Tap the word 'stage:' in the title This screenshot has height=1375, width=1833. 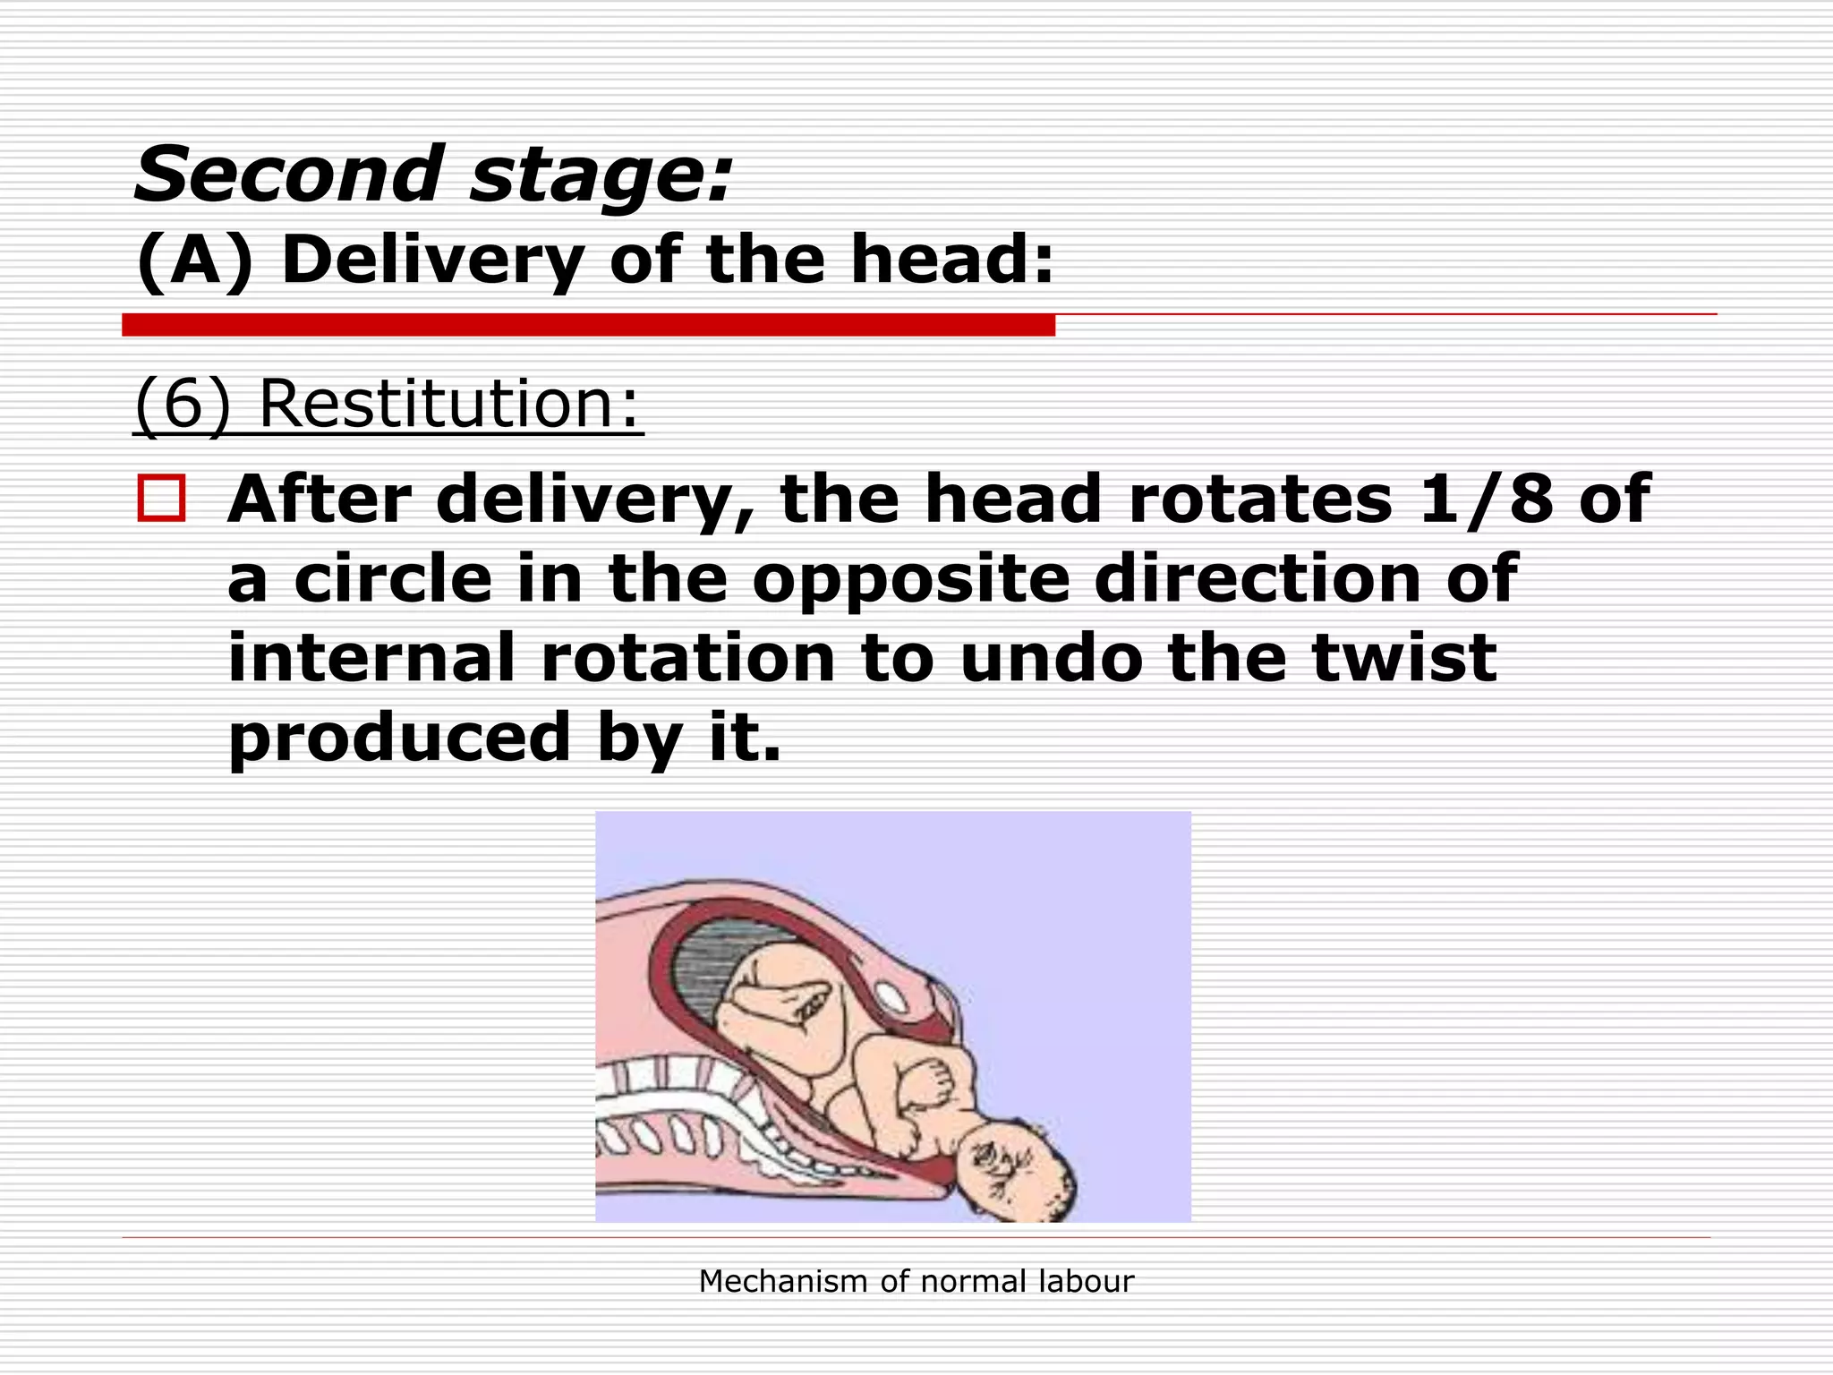(x=601, y=176)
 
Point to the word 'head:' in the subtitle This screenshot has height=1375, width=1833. (x=952, y=260)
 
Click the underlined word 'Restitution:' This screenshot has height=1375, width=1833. (x=450, y=404)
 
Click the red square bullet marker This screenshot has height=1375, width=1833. (x=161, y=499)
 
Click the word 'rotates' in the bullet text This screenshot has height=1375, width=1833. (x=1260, y=499)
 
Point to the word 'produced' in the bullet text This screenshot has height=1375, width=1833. (x=399, y=737)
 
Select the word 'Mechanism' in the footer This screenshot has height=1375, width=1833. (x=784, y=1282)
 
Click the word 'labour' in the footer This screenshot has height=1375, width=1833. (x=1086, y=1282)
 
